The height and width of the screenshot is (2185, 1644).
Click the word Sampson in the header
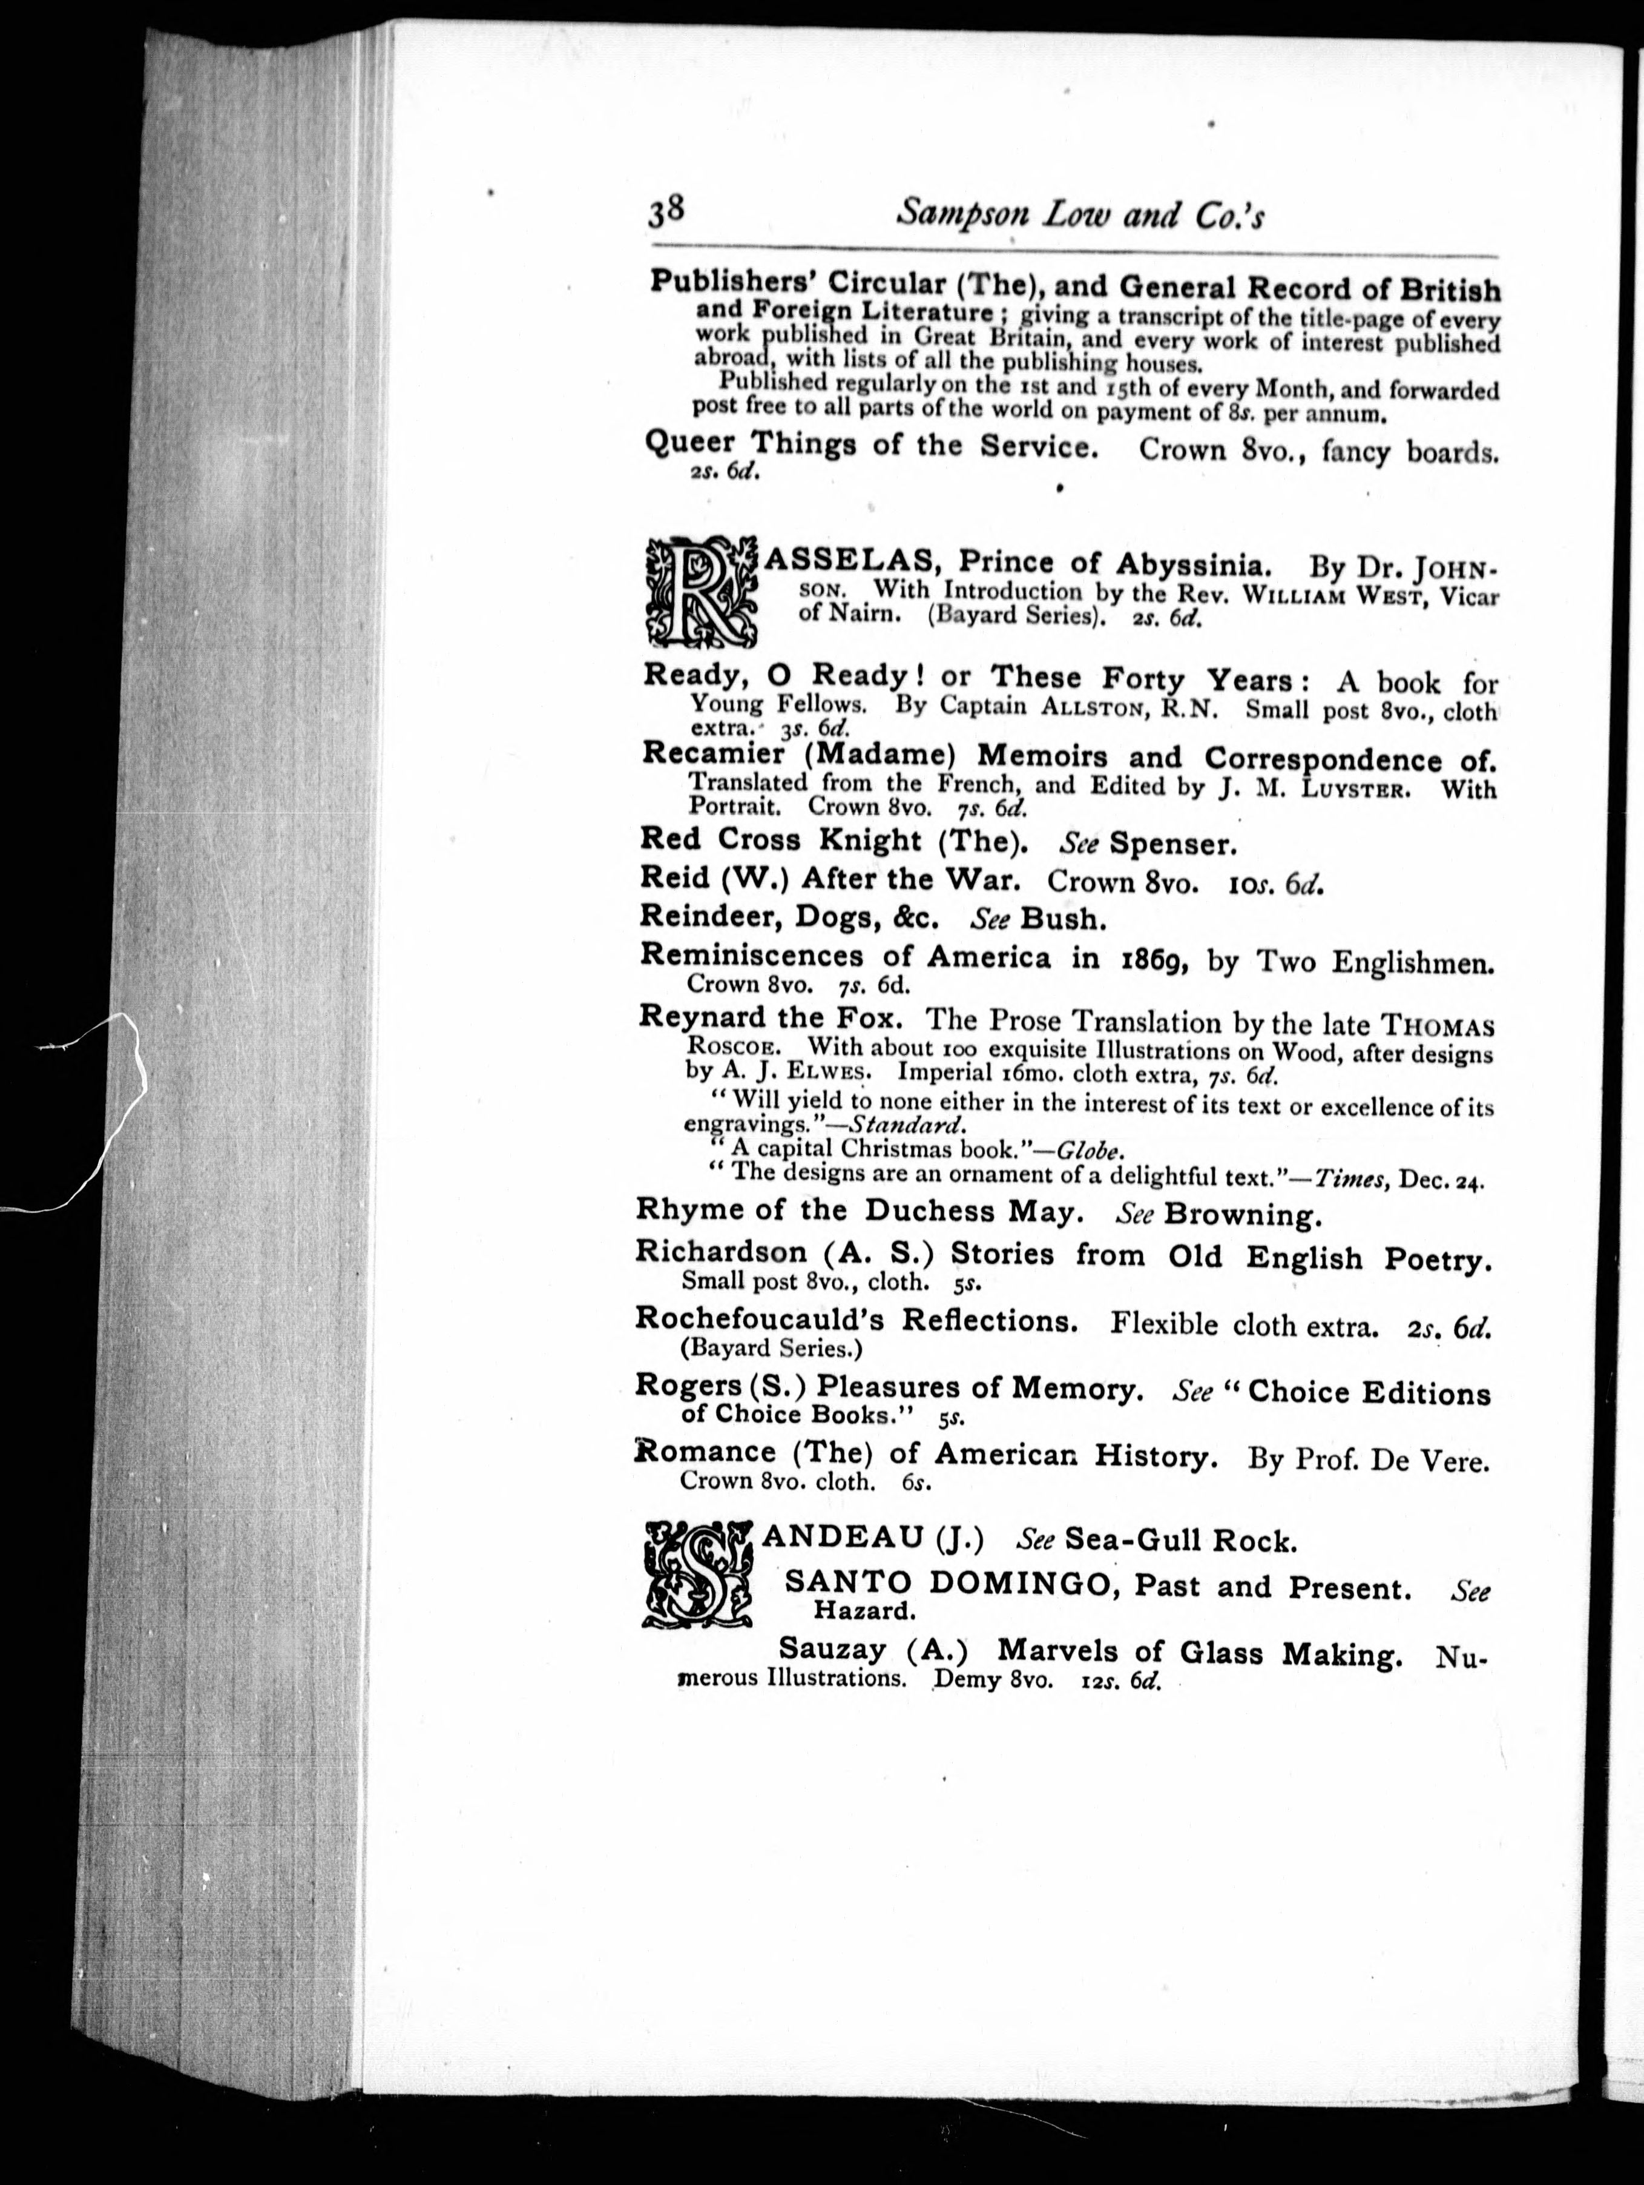pos(954,216)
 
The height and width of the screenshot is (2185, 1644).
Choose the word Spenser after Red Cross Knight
pos(1173,845)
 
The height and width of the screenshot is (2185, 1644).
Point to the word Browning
pos(1242,1215)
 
